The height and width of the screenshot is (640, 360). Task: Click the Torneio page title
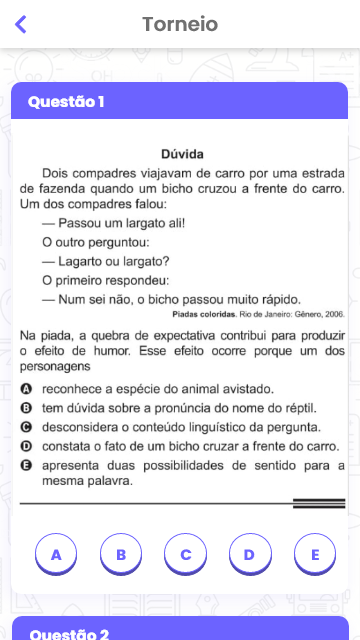click(x=180, y=24)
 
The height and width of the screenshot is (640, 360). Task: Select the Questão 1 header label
click(x=66, y=101)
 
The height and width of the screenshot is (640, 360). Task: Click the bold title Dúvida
click(x=182, y=154)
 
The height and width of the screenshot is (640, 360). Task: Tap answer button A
click(x=56, y=554)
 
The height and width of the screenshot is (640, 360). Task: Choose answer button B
click(x=121, y=554)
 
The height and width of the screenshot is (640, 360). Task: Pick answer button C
click(x=186, y=554)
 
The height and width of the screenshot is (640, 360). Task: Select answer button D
click(x=250, y=554)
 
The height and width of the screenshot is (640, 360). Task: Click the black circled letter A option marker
click(x=27, y=389)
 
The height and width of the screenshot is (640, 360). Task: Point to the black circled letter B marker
click(x=27, y=408)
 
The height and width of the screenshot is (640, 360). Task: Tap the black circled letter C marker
click(x=27, y=427)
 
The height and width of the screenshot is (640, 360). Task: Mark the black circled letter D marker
click(x=27, y=446)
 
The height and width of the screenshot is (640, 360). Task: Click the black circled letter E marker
click(x=27, y=466)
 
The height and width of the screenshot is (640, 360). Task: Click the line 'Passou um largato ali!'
click(x=107, y=223)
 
